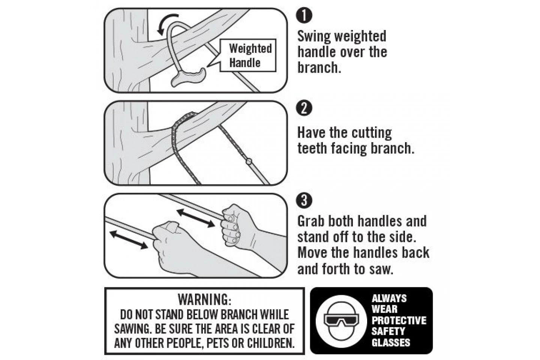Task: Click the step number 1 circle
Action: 304,15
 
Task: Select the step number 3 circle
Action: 304,200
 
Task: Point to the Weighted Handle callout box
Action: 248,55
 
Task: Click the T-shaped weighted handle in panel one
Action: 189,77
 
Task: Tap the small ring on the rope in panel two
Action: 249,161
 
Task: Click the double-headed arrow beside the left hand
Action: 129,239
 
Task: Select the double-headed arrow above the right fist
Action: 195,218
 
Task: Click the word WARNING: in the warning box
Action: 205,300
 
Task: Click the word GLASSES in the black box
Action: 391,342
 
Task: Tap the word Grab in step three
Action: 311,221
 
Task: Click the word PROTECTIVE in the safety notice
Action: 399,321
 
